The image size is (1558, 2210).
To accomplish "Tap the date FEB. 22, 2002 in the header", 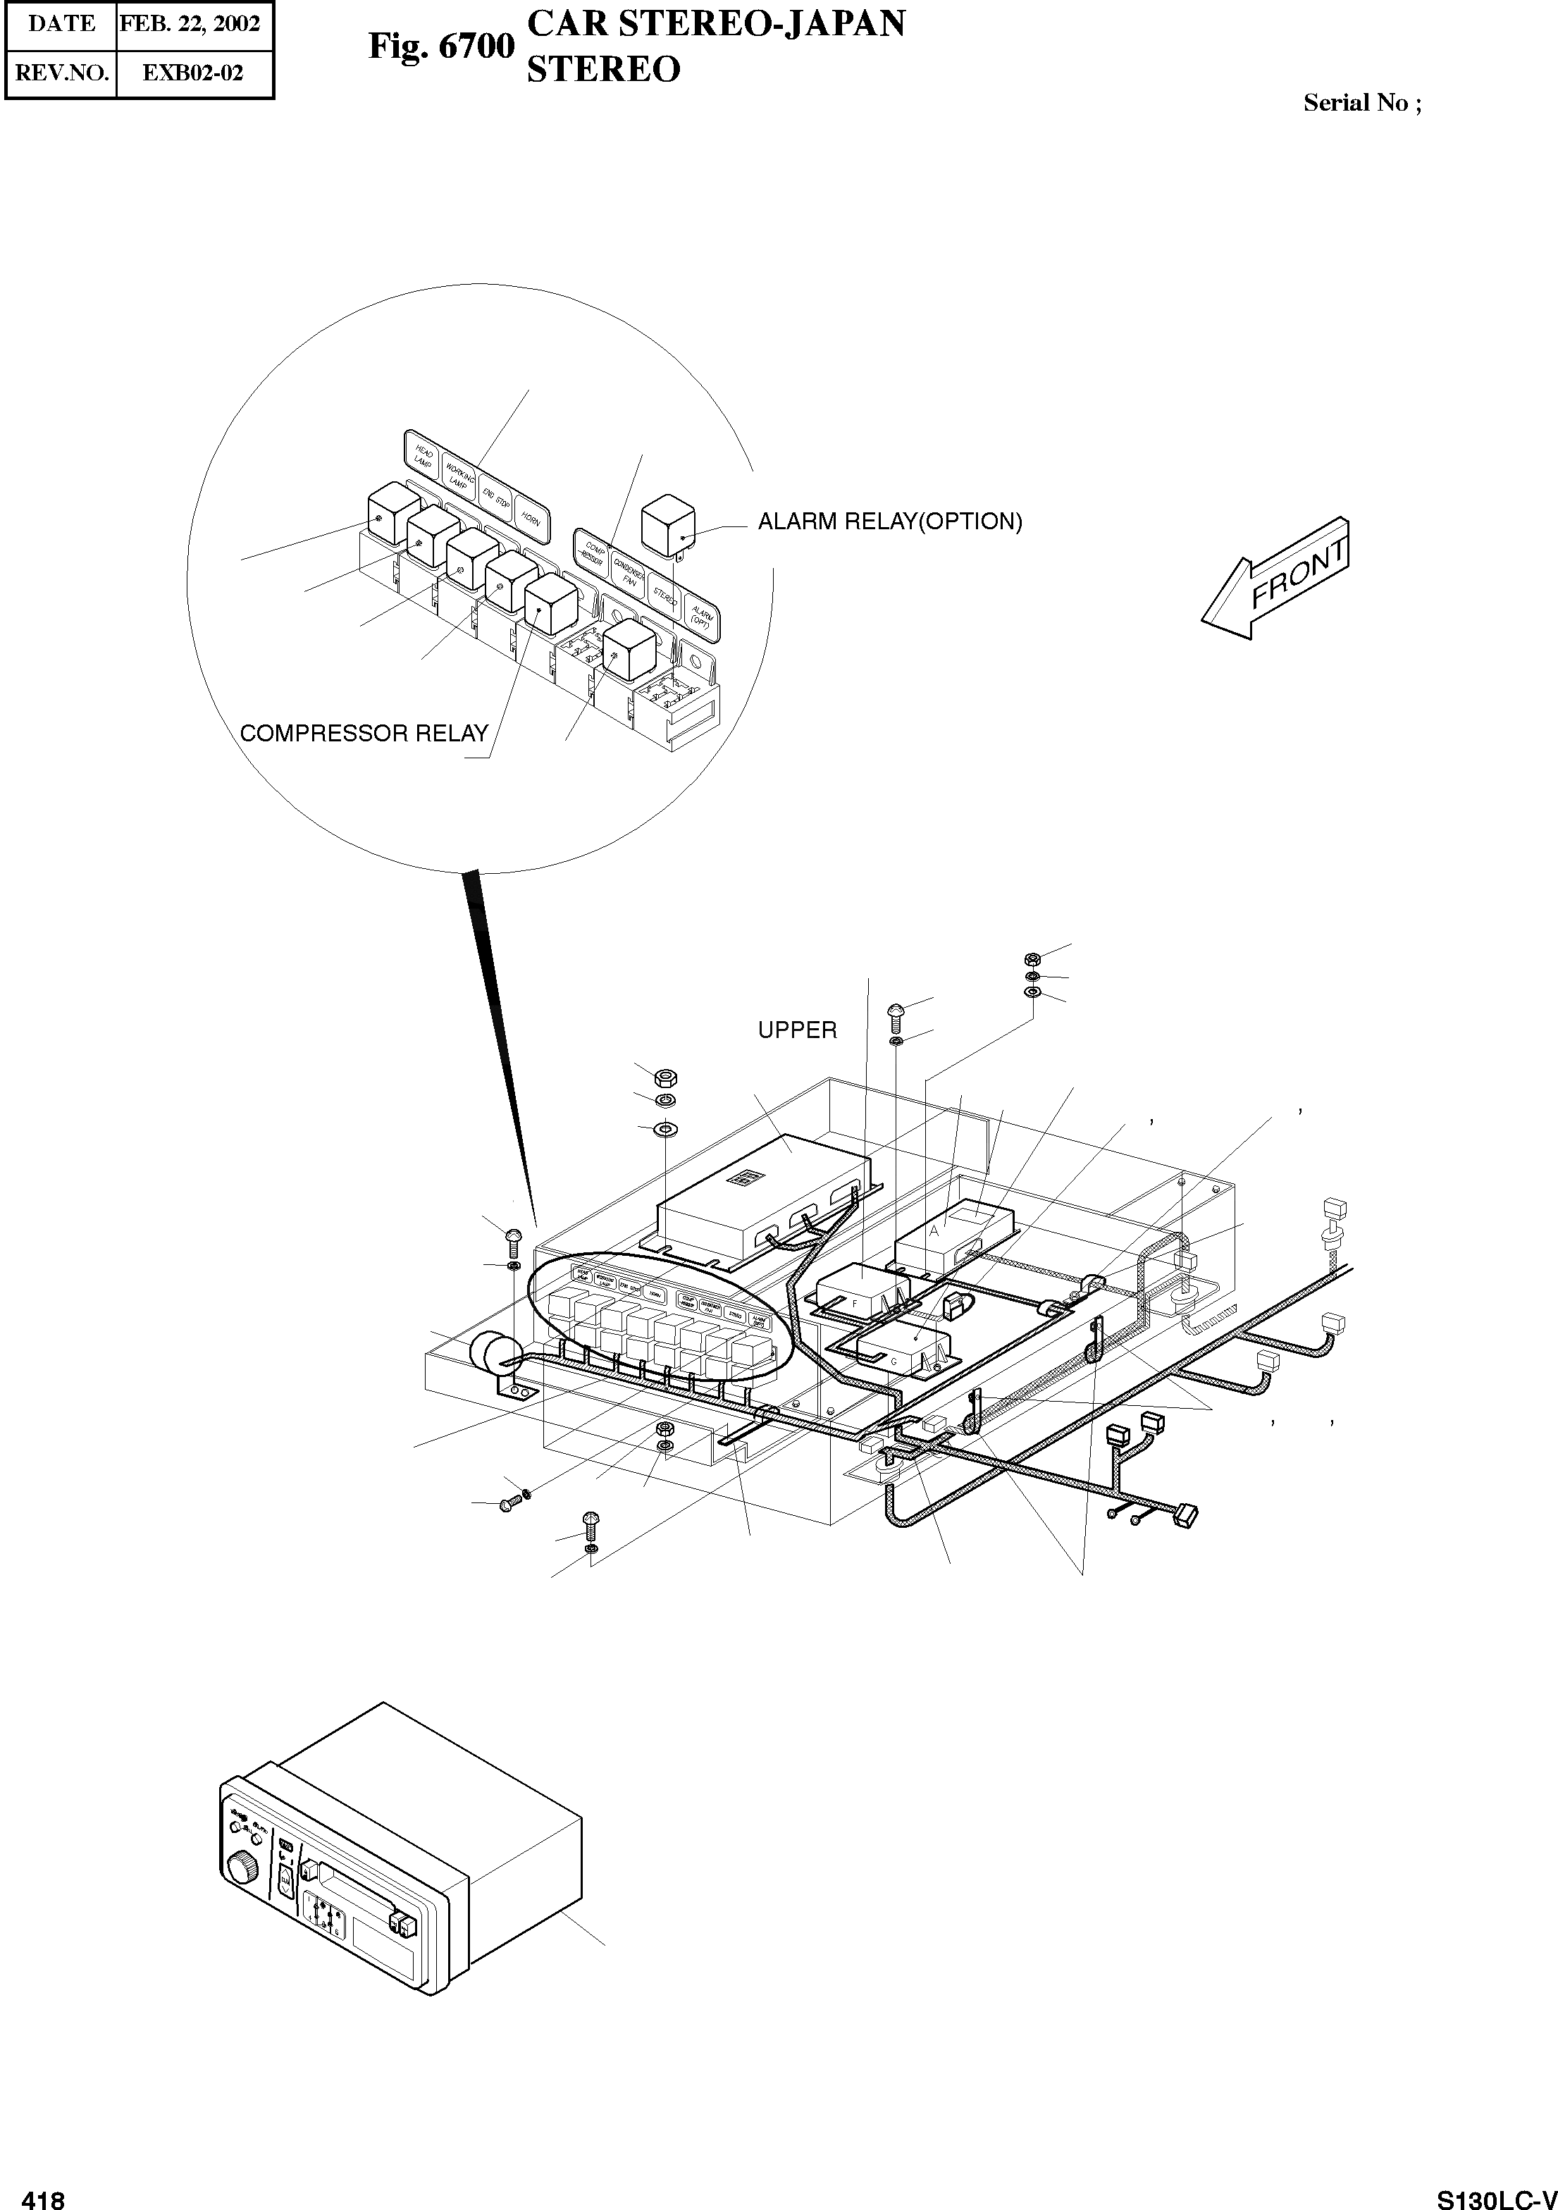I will tap(190, 24).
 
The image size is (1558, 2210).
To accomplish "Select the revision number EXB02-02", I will tap(192, 73).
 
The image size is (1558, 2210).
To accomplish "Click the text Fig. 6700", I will tap(440, 47).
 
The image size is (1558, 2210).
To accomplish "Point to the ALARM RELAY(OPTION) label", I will tap(889, 521).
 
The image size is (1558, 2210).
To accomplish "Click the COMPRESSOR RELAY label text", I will tap(364, 734).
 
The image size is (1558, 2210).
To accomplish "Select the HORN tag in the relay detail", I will tap(530, 518).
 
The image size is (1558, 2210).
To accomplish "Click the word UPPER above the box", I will tap(797, 1030).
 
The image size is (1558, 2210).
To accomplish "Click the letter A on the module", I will tap(934, 1231).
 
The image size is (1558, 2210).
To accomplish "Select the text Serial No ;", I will tap(1361, 103).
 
